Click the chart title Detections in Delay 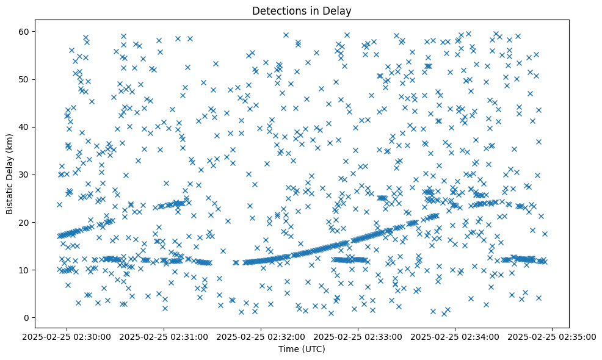point(302,10)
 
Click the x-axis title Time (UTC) point(302,349)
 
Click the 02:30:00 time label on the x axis point(67,336)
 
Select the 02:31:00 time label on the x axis point(164,336)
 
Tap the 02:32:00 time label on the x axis point(261,336)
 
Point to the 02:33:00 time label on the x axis point(358,336)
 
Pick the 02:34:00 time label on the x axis point(455,336)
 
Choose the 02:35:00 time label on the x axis point(553,336)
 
